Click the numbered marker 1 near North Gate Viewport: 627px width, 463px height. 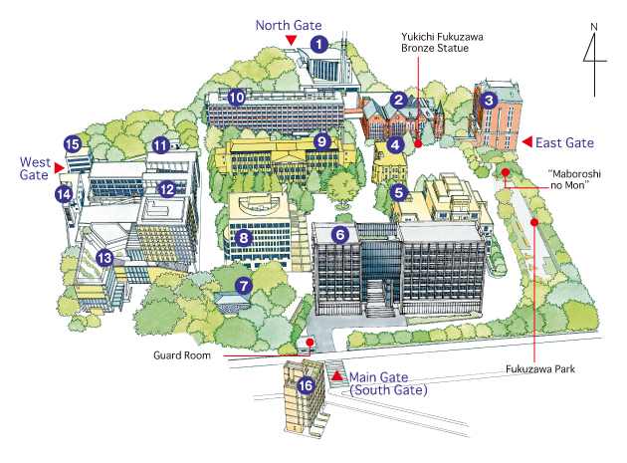click(x=317, y=44)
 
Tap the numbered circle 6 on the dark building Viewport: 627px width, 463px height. click(x=340, y=235)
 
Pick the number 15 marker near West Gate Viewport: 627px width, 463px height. click(x=72, y=144)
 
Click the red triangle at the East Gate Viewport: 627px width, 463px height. click(x=528, y=142)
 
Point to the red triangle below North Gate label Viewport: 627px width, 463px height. click(x=291, y=40)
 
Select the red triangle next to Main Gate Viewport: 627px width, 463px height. click(x=336, y=375)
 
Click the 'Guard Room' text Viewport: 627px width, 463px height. click(x=181, y=354)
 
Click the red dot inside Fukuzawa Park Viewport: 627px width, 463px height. click(x=536, y=222)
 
